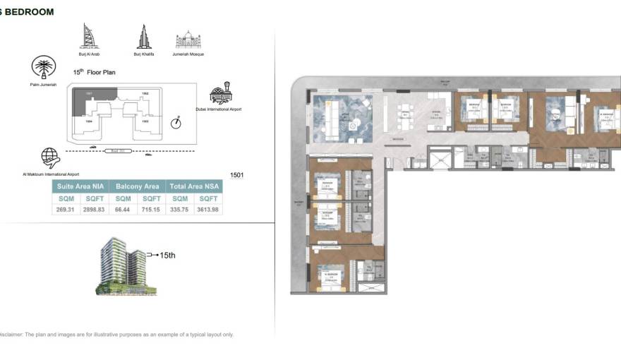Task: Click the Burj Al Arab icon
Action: click(x=88, y=36)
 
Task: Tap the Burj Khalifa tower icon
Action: click(x=143, y=37)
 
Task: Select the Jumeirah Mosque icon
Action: click(x=188, y=40)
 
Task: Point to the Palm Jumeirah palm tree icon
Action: click(x=44, y=68)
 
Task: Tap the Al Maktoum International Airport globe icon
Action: click(x=50, y=157)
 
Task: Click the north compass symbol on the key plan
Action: click(x=176, y=123)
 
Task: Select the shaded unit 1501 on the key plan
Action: click(x=86, y=98)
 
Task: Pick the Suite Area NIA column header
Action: click(x=80, y=187)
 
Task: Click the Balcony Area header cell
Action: click(x=138, y=187)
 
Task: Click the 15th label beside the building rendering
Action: click(x=167, y=255)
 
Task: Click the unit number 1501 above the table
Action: click(x=237, y=174)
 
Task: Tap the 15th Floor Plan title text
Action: click(x=95, y=72)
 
